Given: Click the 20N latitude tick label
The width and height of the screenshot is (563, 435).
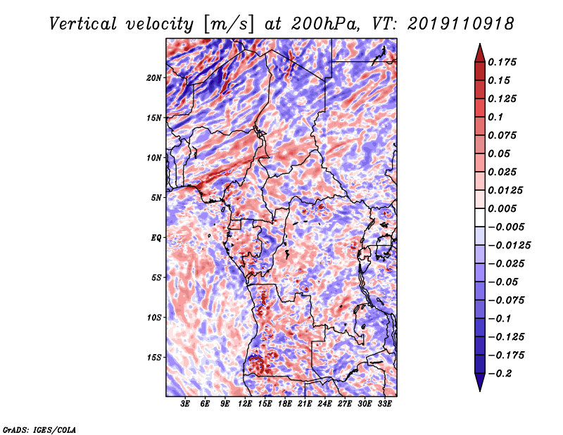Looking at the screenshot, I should (154, 77).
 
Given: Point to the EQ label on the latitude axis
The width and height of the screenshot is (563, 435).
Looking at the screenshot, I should (156, 238).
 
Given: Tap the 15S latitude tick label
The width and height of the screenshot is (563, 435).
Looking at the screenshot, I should (154, 358).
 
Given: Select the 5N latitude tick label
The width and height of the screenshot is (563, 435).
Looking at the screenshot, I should (156, 198).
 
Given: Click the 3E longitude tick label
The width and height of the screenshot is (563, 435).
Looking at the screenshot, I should (186, 405).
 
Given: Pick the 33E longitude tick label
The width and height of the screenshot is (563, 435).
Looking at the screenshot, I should (385, 405).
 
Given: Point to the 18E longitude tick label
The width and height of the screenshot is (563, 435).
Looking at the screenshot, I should (285, 405).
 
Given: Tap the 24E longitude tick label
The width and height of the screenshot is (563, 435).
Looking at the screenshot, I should (325, 405).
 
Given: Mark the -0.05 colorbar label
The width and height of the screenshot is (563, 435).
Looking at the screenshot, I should (504, 282).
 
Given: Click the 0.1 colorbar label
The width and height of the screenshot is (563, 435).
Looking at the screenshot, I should (497, 117).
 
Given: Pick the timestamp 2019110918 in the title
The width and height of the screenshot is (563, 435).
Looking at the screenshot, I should (460, 23).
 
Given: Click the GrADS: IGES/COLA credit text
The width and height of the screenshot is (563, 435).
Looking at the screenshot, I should (39, 429).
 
